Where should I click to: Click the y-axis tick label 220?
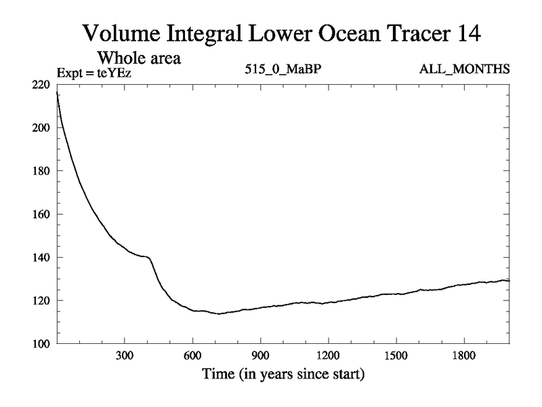click(41, 85)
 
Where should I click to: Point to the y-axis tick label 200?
click(41, 128)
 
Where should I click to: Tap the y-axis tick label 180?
click(41, 171)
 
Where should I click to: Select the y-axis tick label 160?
click(41, 214)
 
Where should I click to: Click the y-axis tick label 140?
click(41, 257)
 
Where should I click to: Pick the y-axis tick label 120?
click(41, 301)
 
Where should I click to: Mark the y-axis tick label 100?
click(41, 344)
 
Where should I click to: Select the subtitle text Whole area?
click(143, 58)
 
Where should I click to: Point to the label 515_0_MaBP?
click(276, 70)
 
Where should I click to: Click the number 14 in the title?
click(467, 32)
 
